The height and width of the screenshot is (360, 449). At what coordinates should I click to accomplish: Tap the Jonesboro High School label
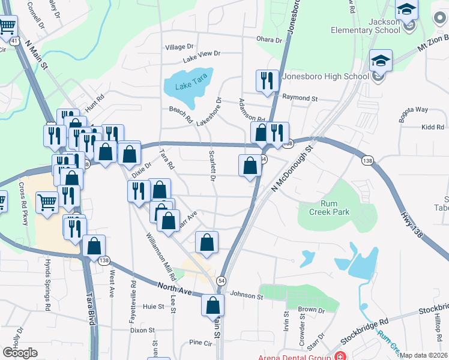[325, 77]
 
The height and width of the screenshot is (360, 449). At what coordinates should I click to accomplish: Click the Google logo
[20, 353]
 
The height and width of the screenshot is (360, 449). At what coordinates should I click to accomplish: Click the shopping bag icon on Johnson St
[213, 305]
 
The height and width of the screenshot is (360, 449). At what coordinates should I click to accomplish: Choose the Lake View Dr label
[202, 53]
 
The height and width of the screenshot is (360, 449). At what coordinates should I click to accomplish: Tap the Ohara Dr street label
[269, 40]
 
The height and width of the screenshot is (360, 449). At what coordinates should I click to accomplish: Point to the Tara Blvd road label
[91, 308]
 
